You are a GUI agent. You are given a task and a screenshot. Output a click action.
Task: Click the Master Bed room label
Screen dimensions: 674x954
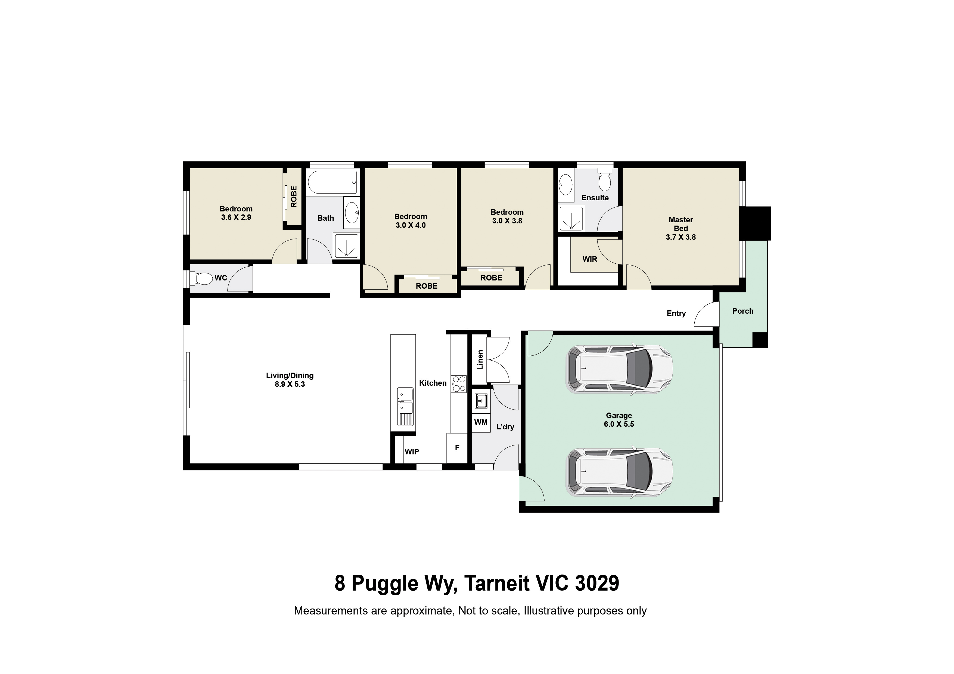(x=680, y=228)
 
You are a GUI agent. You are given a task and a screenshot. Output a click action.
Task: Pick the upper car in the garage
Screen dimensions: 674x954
(x=619, y=369)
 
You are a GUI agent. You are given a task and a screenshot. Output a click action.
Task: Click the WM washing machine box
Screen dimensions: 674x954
(x=481, y=422)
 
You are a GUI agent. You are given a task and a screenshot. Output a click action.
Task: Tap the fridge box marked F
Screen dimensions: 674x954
(x=457, y=448)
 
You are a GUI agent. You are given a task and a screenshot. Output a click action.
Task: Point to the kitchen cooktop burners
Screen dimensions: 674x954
(x=458, y=384)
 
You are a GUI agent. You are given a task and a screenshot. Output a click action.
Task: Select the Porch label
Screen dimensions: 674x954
(x=742, y=311)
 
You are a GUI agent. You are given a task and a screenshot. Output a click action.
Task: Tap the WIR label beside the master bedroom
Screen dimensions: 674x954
(x=590, y=259)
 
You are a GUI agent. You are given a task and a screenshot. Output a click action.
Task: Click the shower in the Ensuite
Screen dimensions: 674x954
(x=571, y=219)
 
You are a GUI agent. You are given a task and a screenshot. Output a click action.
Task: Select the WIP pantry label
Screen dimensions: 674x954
(x=412, y=452)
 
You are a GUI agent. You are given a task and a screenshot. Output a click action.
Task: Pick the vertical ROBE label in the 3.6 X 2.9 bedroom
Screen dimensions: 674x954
(x=294, y=196)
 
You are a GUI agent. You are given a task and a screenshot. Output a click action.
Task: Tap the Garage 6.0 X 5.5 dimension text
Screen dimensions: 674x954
(x=619, y=424)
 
